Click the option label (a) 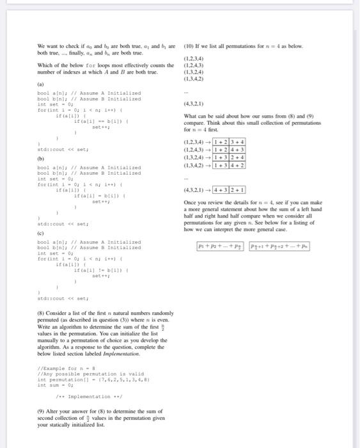[42, 83]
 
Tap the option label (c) [42, 234]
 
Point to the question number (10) [189, 46]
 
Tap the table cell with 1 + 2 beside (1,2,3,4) [220, 141]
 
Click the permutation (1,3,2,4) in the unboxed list [194, 73]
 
